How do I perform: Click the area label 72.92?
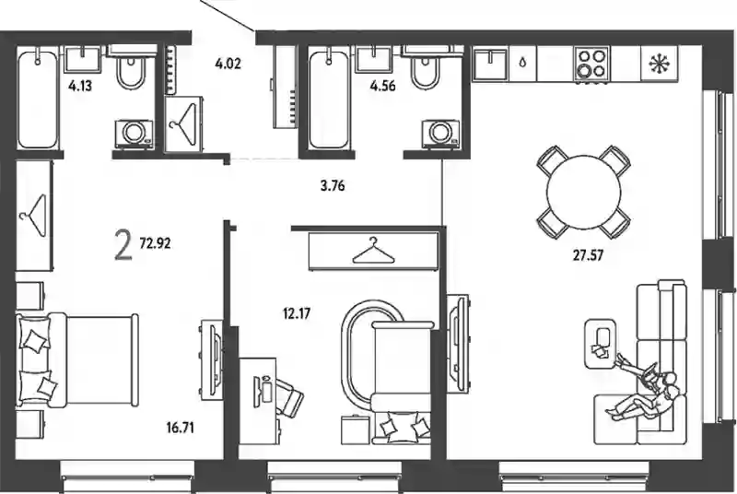pos(155,243)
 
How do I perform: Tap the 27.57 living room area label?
pos(588,255)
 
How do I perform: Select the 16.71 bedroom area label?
pos(180,428)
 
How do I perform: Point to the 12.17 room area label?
pos(297,313)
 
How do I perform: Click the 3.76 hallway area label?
pos(333,186)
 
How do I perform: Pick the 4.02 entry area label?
pos(228,64)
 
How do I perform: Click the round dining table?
pos(584,192)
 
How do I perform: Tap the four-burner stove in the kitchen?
pos(591,65)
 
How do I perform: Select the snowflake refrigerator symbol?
pos(660,64)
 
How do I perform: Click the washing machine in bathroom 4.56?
pos(440,135)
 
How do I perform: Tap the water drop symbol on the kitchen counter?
pos(522,63)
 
